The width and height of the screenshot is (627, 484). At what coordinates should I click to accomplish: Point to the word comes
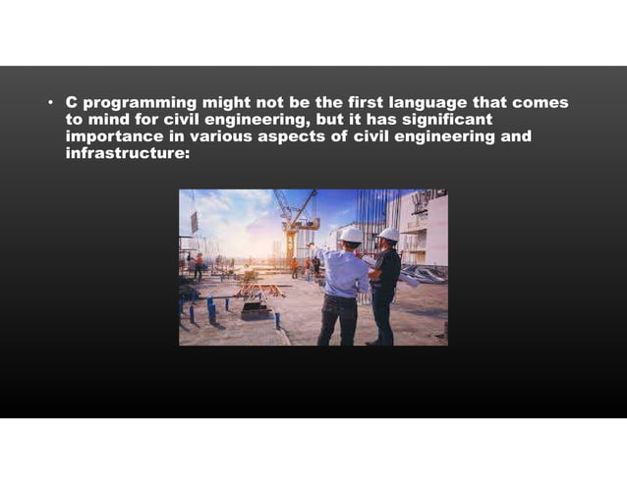pos(542,102)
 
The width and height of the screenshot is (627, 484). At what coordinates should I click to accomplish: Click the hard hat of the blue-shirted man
pos(351,235)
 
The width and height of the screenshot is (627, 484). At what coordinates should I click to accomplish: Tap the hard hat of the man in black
pos(389,234)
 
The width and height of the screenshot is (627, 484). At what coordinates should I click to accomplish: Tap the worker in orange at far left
pos(198,264)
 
